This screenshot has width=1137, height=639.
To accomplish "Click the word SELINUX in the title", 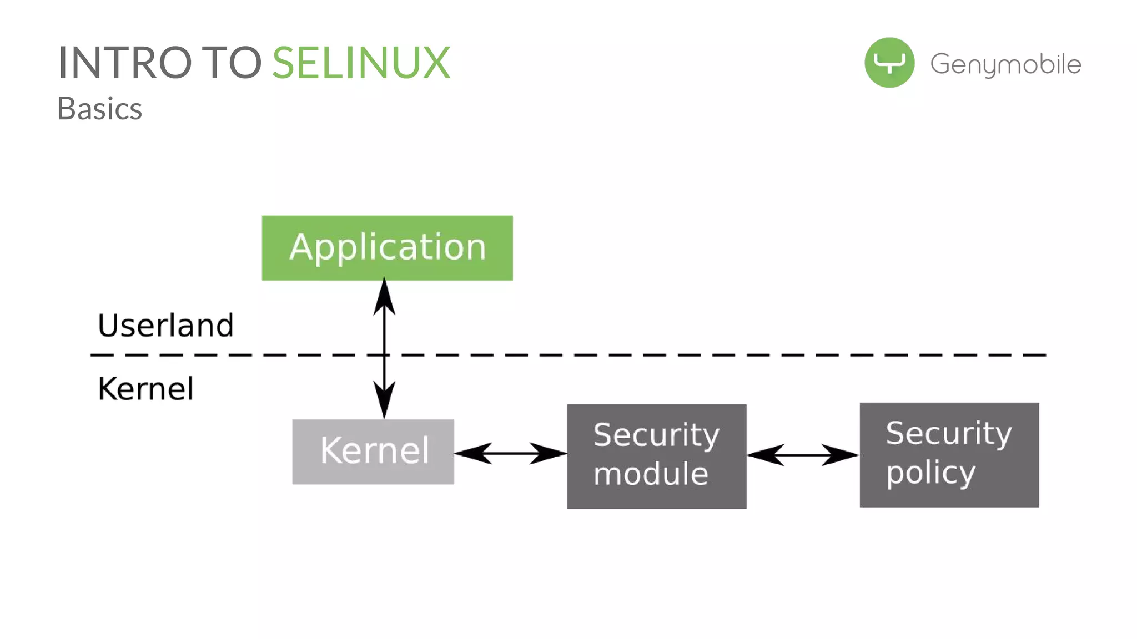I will (x=361, y=63).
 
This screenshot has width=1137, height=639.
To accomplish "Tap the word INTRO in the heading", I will (x=124, y=63).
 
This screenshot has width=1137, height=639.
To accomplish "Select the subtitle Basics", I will (x=100, y=109).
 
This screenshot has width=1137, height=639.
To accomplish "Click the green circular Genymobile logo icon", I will (x=889, y=63).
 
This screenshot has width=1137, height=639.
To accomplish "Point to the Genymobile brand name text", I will (x=1005, y=64).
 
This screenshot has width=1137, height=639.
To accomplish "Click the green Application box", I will (x=387, y=248).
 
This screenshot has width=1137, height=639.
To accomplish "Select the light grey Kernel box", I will (x=373, y=452).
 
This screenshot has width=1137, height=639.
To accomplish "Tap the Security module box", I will (x=656, y=456).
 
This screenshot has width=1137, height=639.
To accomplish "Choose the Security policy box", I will (x=949, y=455).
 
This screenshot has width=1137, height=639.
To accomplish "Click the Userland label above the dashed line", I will (x=165, y=325).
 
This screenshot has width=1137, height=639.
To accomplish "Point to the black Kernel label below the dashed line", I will (x=146, y=389).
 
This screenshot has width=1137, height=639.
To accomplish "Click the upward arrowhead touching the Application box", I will (x=384, y=297).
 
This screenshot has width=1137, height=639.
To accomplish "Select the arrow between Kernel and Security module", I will (x=511, y=453).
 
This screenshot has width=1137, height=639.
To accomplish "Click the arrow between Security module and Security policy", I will (x=803, y=455).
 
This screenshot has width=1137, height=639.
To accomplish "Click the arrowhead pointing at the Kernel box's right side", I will (x=474, y=453).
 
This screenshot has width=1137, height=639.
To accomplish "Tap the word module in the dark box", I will (x=651, y=474).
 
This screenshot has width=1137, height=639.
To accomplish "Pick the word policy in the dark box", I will (x=930, y=473).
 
